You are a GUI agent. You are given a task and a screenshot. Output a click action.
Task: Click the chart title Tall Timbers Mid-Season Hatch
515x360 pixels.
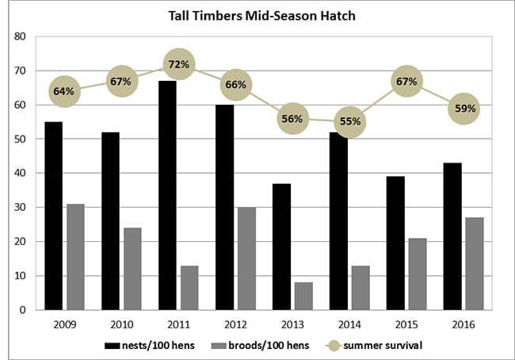click(257, 15)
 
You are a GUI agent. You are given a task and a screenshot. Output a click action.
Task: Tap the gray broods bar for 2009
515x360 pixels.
click(75, 257)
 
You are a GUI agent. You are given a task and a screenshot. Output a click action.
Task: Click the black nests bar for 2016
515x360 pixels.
click(452, 236)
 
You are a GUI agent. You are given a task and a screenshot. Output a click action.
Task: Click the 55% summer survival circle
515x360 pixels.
click(351, 121)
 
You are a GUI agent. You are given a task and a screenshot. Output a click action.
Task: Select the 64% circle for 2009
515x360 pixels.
click(64, 91)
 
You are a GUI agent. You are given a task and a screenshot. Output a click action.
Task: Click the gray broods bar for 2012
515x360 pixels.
click(246, 259)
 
